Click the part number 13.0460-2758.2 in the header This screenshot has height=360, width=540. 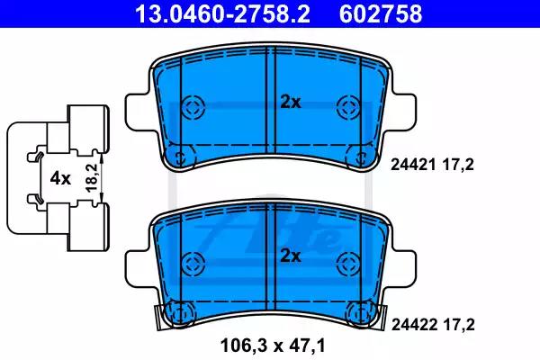[222, 14]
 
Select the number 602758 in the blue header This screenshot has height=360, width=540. [381, 14]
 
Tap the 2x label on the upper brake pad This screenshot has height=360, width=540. [291, 103]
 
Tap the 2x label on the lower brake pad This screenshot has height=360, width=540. [291, 256]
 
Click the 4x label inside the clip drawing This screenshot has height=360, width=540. [60, 178]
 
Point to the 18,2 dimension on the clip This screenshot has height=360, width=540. [91, 178]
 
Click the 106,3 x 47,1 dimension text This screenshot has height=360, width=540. [273, 346]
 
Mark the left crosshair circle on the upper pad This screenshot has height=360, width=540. [193, 107]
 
